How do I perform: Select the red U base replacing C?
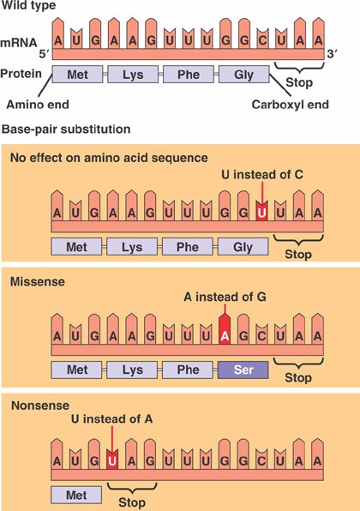tap(261, 211)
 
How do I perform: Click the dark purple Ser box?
tap(243, 370)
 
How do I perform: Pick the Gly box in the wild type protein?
tap(244, 75)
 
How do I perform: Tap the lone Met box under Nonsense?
tap(76, 495)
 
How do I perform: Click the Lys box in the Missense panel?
tap(132, 370)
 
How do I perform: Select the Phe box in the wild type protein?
tap(189, 75)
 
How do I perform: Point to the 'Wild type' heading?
tap(28, 5)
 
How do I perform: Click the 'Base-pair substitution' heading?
tap(66, 129)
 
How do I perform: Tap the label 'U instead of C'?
tap(262, 174)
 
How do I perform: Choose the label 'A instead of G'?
tap(225, 297)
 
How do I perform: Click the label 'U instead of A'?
tap(111, 418)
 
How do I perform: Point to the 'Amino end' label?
tap(38, 105)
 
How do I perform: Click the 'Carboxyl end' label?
tap(291, 105)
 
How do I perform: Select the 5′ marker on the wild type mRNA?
tap(44, 54)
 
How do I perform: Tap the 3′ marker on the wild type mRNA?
tap(332, 54)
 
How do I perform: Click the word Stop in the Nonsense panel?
tap(132, 502)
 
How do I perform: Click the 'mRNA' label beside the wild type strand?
tap(19, 43)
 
